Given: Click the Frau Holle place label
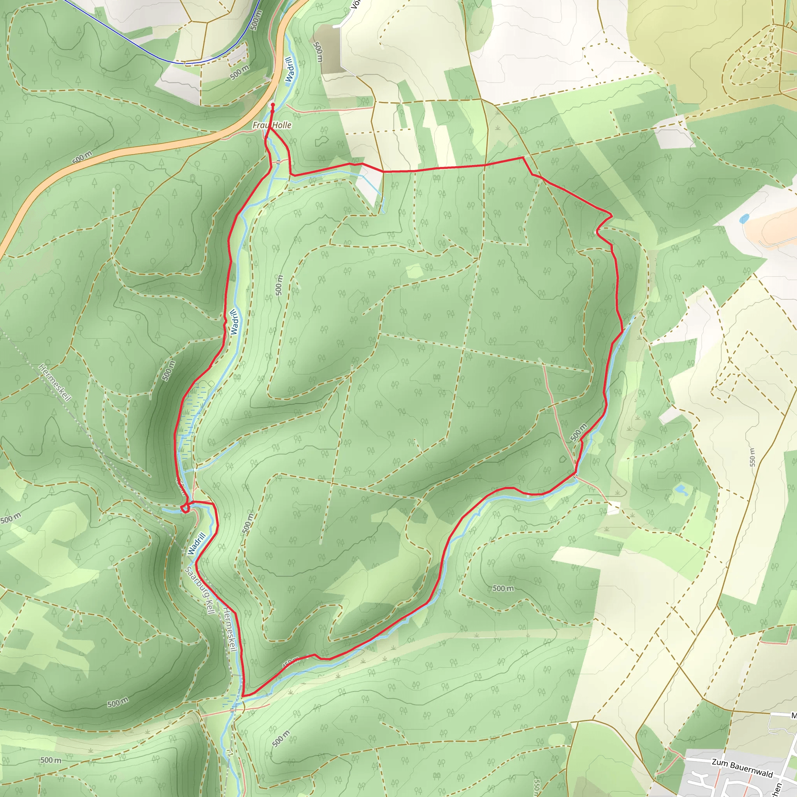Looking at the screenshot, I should coord(272,125).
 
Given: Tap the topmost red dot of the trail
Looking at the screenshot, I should coord(273,105).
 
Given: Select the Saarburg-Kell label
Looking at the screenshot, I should coord(200,590).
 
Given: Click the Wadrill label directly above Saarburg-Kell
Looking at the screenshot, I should coord(197,544).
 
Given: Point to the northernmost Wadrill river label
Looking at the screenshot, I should coord(290,70).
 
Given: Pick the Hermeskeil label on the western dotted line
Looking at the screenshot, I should coord(55,383).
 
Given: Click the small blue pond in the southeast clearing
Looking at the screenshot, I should coord(680,490).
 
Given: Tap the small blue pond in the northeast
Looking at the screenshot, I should coord(743,218).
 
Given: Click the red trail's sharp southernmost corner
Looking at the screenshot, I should coord(243,696).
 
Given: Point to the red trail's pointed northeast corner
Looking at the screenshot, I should coord(611,214).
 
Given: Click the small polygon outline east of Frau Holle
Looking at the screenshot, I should coord(321,141).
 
